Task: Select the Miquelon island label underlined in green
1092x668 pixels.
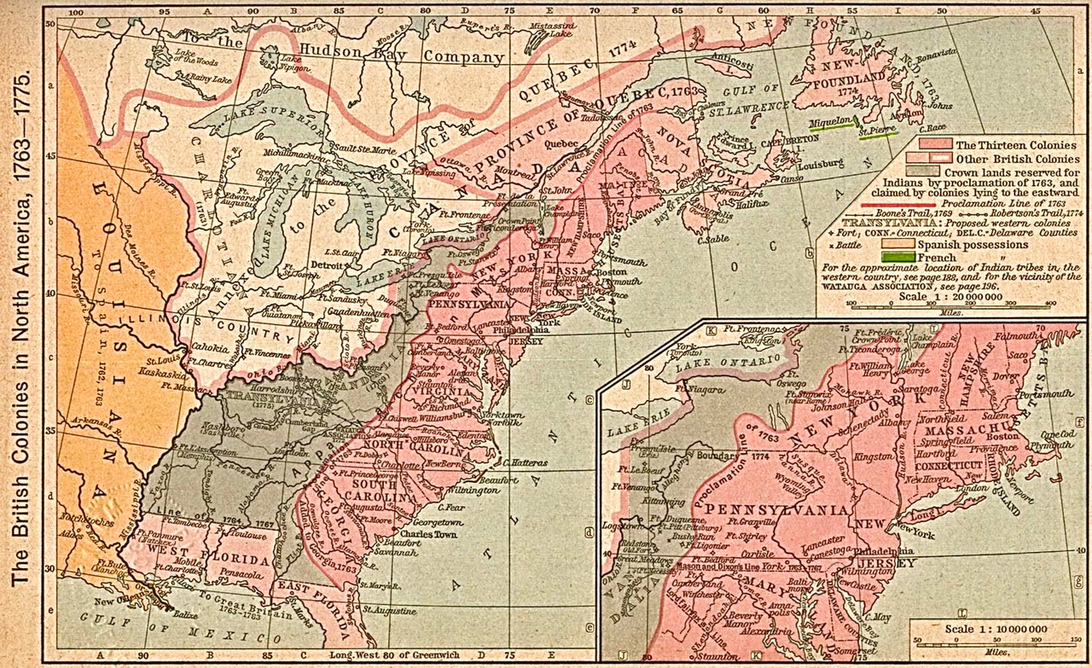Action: [833, 123]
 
